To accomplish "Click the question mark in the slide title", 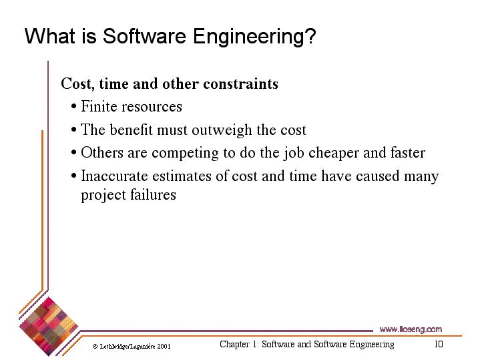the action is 310,36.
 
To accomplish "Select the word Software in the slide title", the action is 144,36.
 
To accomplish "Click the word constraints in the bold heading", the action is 240,83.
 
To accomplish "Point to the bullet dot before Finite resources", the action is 73,107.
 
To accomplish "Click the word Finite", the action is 99,106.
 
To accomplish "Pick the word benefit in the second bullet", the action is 131,130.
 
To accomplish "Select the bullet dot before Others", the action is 73,152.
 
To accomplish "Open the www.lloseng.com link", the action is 411,329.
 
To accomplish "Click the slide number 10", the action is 439,344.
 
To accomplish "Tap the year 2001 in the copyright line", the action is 164,346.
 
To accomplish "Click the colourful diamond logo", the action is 48,327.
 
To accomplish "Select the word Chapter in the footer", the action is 234,345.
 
